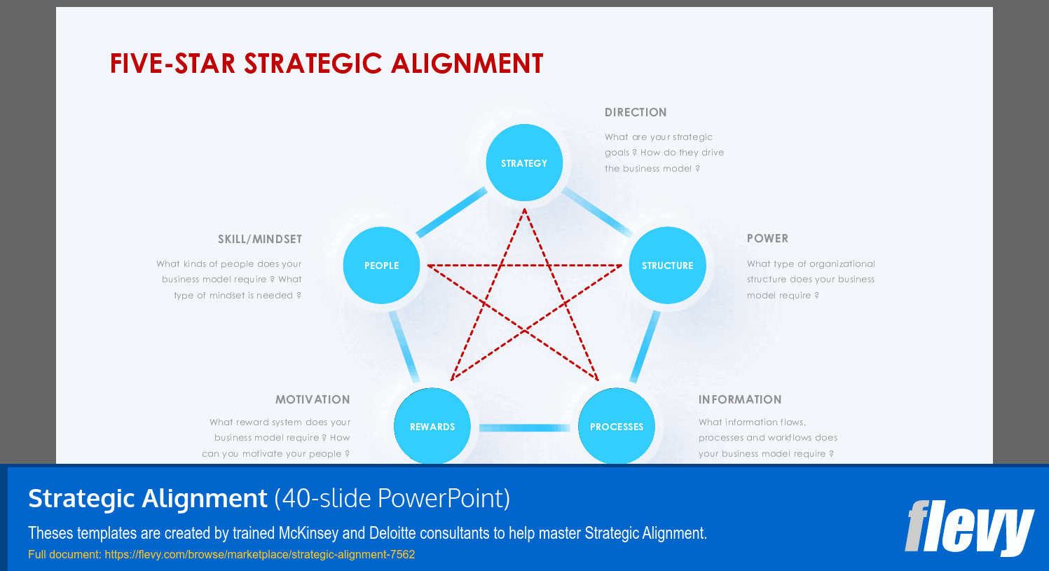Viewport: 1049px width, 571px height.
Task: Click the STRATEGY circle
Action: pyautogui.click(x=524, y=163)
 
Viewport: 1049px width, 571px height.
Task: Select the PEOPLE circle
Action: pyautogui.click(x=381, y=266)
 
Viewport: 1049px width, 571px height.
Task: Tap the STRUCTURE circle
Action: pyautogui.click(x=667, y=266)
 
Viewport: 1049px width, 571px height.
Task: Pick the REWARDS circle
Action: pyautogui.click(x=432, y=426)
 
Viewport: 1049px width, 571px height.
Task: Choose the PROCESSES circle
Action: pyautogui.click(x=617, y=426)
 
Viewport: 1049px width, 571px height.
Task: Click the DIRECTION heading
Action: pyautogui.click(x=636, y=112)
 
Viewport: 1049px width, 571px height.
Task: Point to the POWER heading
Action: pyautogui.click(x=767, y=238)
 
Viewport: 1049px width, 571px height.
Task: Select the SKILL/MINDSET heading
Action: pyautogui.click(x=260, y=239)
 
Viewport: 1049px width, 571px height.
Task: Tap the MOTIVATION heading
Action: pyautogui.click(x=313, y=399)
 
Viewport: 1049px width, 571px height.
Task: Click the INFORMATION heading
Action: pyautogui.click(x=740, y=399)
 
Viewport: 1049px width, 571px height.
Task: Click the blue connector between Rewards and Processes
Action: pyautogui.click(x=524, y=427)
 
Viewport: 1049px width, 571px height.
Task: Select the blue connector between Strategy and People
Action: pyautogui.click(x=451, y=212)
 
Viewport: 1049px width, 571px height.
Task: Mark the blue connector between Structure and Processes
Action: pyautogui.click(x=645, y=346)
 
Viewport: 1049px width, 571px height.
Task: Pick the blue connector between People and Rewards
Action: pyautogui.click(x=404, y=346)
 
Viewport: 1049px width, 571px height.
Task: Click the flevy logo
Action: pyautogui.click(x=969, y=528)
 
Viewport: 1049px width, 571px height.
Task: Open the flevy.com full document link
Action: pyautogui.click(x=259, y=554)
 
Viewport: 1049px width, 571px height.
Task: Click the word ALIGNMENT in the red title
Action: pyautogui.click(x=467, y=64)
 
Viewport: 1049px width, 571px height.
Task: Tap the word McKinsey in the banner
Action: pyautogui.click(x=308, y=533)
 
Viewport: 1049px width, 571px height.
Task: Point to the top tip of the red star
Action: pyautogui.click(x=524, y=208)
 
